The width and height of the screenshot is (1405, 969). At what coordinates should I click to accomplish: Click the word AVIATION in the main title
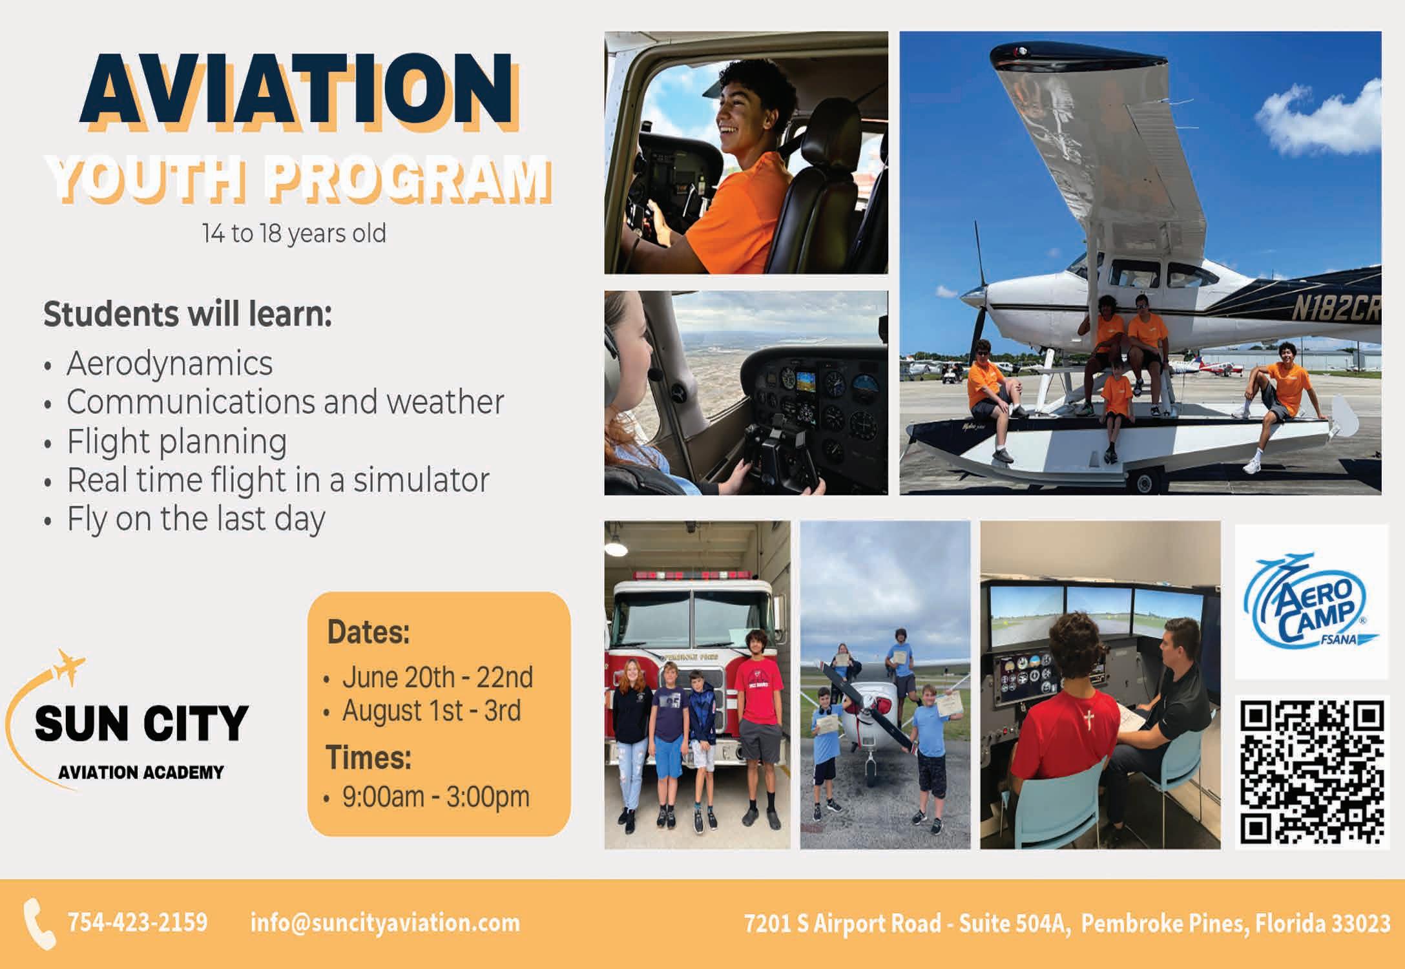[x=299, y=92]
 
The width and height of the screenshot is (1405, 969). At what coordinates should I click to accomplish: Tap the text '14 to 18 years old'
[x=295, y=234]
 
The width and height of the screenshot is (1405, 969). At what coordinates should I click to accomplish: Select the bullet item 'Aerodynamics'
[x=170, y=364]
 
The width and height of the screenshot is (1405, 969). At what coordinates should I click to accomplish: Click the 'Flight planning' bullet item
[x=177, y=443]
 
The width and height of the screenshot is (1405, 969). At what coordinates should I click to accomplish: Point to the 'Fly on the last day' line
[x=196, y=519]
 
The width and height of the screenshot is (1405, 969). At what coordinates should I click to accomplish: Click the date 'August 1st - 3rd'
[x=432, y=711]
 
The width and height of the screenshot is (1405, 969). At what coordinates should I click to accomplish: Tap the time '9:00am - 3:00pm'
[x=436, y=797]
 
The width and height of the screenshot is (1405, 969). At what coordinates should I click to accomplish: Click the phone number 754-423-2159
[x=138, y=922]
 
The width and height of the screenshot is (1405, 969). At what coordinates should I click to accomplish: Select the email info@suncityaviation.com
[x=385, y=922]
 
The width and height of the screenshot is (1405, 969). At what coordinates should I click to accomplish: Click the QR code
[x=1312, y=773]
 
